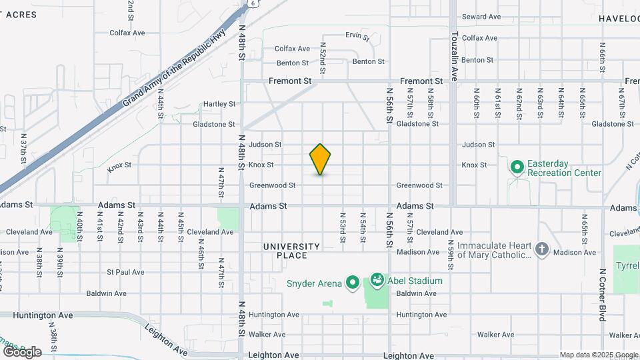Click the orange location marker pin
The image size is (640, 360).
point(320,159)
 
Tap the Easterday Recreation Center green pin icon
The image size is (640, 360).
point(517,166)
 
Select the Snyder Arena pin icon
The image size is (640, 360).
point(353,283)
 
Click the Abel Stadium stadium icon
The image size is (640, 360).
point(377,280)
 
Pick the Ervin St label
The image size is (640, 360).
point(357,35)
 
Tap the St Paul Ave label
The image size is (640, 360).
point(125,272)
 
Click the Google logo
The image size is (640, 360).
point(22,352)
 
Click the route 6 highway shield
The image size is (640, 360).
point(254,3)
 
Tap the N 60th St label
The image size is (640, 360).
point(477,103)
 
